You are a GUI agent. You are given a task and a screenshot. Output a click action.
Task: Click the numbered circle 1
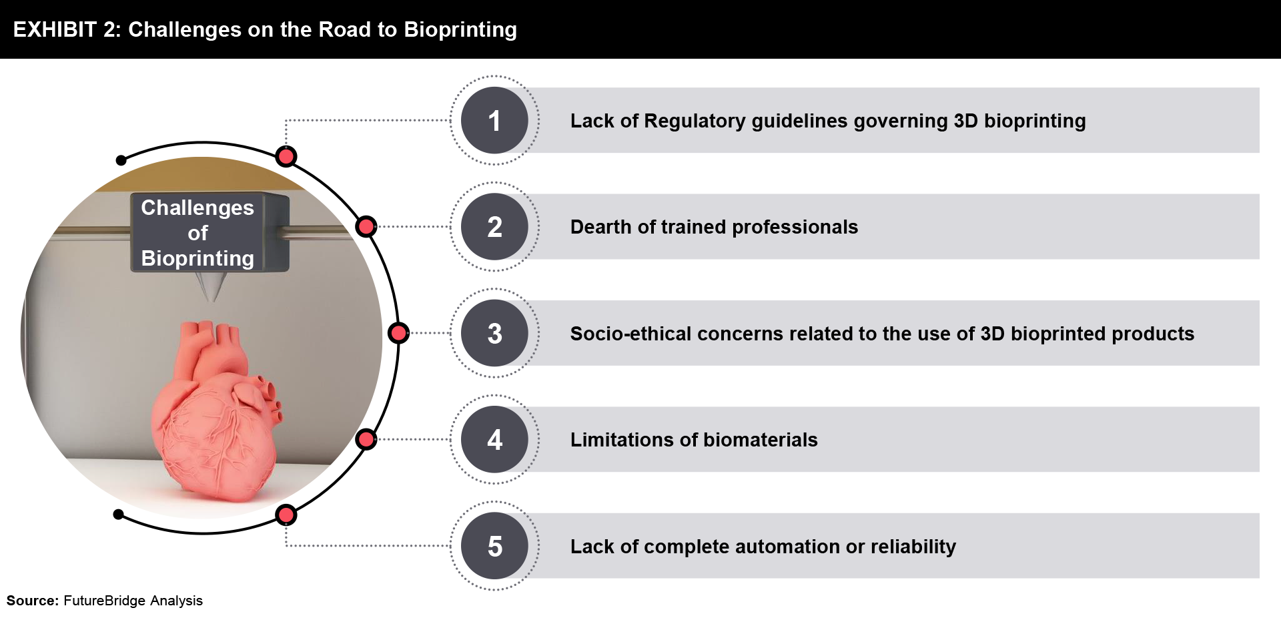(494, 120)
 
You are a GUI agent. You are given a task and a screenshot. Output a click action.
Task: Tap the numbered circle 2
(494, 227)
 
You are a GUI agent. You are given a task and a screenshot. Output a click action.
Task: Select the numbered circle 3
(494, 333)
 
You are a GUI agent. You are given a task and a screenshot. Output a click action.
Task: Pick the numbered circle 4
(494, 440)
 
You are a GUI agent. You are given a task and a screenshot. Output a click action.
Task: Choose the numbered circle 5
(494, 546)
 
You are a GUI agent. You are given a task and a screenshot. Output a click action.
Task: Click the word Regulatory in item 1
(695, 121)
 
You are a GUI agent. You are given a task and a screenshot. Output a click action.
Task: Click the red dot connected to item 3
(398, 333)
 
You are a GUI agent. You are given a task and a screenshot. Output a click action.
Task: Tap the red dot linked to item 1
(286, 157)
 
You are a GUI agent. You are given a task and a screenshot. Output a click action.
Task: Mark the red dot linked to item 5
(286, 515)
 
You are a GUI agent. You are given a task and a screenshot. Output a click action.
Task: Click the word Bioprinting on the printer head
(197, 258)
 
